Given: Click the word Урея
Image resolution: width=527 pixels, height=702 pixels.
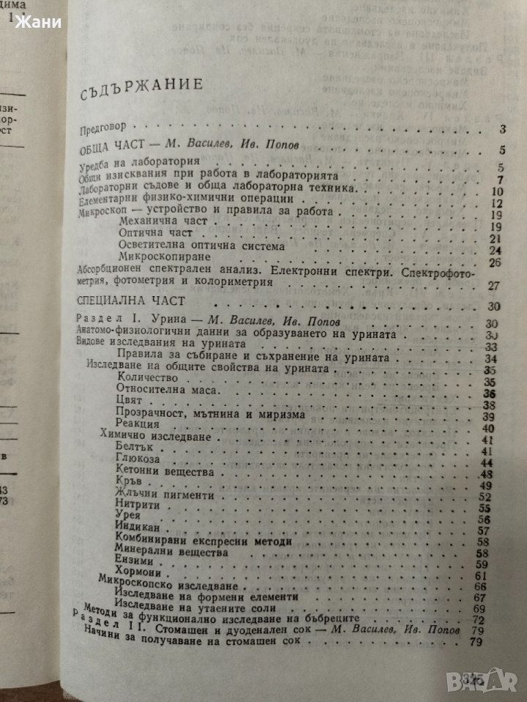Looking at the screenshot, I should (x=129, y=518).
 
